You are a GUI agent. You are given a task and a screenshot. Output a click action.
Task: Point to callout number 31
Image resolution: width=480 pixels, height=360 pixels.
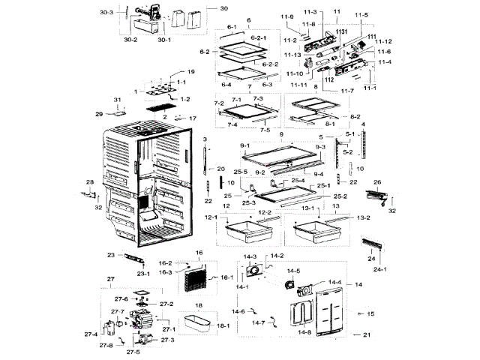(x=117, y=100)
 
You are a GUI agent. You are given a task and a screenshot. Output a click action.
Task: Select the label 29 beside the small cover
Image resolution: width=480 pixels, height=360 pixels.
(x=98, y=114)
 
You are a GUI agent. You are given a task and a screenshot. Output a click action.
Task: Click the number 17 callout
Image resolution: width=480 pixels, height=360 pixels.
(x=192, y=118)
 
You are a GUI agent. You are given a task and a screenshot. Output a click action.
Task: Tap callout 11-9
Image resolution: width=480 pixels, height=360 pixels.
(x=287, y=16)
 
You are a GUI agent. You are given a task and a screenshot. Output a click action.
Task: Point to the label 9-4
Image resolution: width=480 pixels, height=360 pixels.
(x=318, y=174)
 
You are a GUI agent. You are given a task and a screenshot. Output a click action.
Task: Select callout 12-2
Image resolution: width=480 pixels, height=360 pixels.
(x=265, y=213)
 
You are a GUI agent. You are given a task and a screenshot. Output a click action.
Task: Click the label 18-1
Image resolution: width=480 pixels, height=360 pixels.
(x=223, y=326)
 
